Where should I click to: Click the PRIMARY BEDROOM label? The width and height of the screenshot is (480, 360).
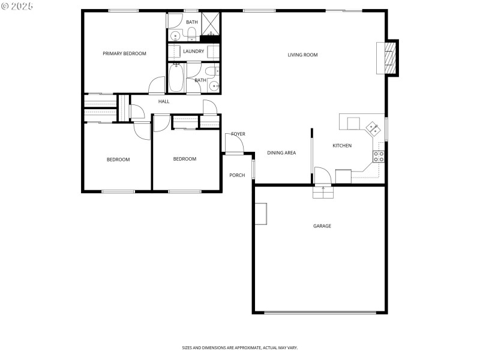[124, 53]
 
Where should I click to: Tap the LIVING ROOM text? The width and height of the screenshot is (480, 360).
[302, 55]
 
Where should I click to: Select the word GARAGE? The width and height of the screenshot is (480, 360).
[322, 226]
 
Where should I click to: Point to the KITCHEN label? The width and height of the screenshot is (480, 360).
[342, 146]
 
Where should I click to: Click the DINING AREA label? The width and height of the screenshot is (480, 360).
[281, 153]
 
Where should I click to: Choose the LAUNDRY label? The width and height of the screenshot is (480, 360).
[193, 52]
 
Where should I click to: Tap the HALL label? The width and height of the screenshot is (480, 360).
[164, 101]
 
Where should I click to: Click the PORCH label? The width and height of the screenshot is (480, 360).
[237, 175]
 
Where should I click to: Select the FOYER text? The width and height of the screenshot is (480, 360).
[238, 134]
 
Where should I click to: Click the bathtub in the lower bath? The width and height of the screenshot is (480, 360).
[176, 78]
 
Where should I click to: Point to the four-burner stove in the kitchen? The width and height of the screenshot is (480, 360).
[379, 157]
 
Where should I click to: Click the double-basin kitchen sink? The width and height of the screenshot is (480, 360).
[373, 127]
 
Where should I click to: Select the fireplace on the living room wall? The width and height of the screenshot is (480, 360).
[390, 58]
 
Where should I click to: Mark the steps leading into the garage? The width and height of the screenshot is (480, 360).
[322, 193]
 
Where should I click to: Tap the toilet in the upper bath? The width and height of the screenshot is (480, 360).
[191, 32]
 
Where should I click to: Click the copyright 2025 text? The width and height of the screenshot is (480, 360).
[17, 5]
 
